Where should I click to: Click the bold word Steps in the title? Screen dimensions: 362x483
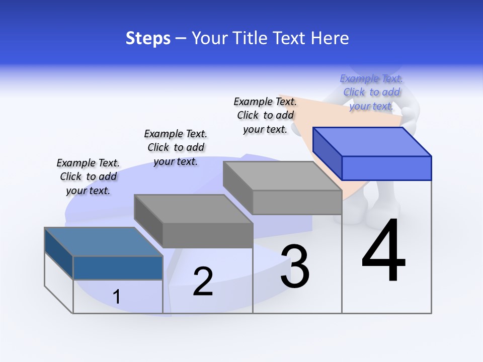(148, 38)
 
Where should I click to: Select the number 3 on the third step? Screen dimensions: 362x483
(295, 266)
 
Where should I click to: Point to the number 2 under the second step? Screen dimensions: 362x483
(203, 282)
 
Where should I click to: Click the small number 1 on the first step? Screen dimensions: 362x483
(116, 297)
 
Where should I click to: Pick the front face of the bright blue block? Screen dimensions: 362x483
(386, 168)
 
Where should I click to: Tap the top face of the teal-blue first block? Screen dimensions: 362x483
(103, 242)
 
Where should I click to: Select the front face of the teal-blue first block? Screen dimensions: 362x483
(118, 267)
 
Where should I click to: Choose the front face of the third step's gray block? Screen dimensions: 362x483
(297, 202)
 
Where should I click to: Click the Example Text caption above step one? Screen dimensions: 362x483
(88, 176)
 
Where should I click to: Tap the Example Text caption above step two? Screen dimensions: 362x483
(176, 147)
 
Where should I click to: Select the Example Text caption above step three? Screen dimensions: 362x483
(265, 115)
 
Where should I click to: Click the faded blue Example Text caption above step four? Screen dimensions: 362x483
(371, 92)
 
